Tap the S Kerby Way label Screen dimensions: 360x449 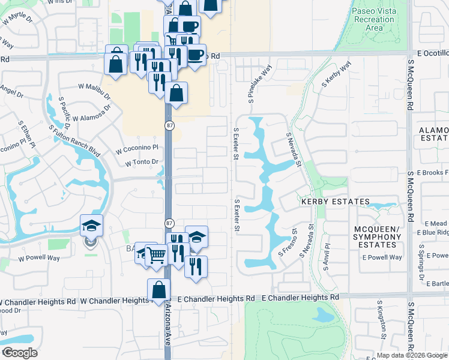click(x=336, y=76)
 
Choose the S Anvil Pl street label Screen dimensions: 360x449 click(x=327, y=254)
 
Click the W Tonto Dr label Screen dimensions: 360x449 click(x=142, y=162)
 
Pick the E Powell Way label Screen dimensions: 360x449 click(x=382, y=257)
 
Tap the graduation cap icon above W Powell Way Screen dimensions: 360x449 click(x=91, y=225)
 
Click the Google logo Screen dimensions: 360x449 click(x=20, y=353)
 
